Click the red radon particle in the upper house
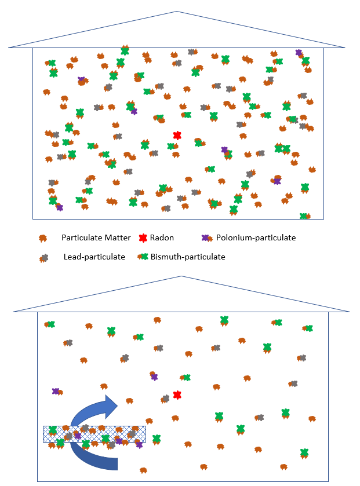click(177, 136)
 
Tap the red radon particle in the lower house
click(177, 395)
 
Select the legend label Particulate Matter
click(96, 237)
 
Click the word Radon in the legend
click(162, 237)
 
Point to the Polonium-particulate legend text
click(256, 237)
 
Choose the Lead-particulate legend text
click(94, 257)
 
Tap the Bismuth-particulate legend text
click(188, 257)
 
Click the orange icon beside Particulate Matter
click(43, 238)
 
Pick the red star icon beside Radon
click(143, 238)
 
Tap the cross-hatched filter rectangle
click(94, 434)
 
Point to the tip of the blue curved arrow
click(118, 405)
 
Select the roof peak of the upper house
click(177, 12)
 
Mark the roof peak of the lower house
click(181, 276)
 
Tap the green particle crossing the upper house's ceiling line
click(125, 50)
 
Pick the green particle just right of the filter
click(157, 439)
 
